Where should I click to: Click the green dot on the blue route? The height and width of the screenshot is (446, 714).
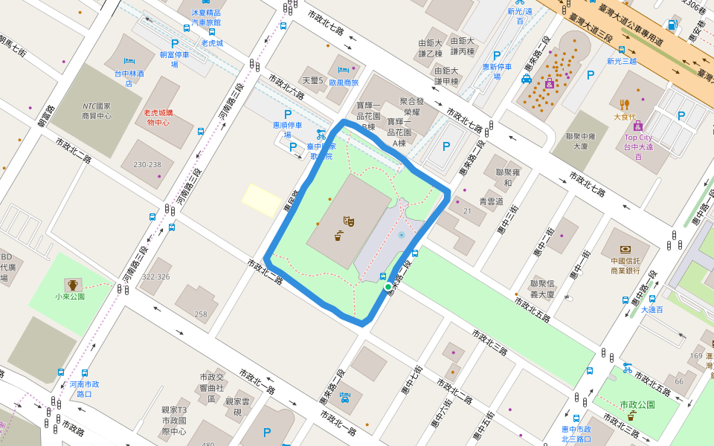[x=387, y=286]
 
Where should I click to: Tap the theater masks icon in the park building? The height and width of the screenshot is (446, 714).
[x=347, y=220]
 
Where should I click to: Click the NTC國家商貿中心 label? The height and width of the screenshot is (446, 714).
[x=97, y=111]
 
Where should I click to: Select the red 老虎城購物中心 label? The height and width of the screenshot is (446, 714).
[x=157, y=117]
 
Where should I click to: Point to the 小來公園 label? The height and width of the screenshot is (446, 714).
[x=70, y=296]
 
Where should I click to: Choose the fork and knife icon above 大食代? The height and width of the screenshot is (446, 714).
[x=624, y=104]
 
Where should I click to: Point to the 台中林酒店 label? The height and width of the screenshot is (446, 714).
[x=129, y=78]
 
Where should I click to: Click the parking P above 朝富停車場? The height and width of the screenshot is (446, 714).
[x=176, y=45]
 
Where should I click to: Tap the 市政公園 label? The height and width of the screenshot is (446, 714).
[x=636, y=404]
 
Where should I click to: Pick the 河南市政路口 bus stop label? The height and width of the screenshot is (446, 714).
[x=84, y=389]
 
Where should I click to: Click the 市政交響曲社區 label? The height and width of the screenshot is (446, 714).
[x=212, y=388]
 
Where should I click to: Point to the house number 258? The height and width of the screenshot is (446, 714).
[x=201, y=314]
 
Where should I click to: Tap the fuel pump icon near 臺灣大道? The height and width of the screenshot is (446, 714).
[x=673, y=25]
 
